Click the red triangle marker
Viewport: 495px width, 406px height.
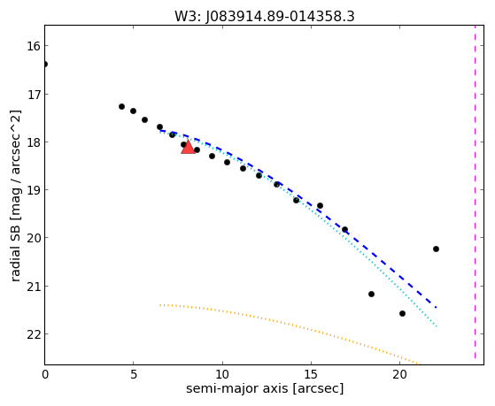click(x=188, y=147)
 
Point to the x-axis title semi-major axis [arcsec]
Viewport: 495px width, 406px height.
click(x=265, y=388)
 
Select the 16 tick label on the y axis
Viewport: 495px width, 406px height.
click(x=34, y=46)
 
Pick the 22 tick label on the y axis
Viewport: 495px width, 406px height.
click(x=34, y=334)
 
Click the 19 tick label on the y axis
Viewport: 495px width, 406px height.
click(x=34, y=190)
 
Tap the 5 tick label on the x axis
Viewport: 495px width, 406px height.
click(x=134, y=375)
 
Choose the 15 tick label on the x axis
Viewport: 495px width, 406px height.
click(x=312, y=375)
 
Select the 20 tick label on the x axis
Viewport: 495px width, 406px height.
click(x=400, y=375)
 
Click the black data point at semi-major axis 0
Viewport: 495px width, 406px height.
click(x=45, y=64)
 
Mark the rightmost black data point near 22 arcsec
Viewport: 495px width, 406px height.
click(x=436, y=249)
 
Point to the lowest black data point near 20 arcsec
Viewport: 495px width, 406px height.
click(x=402, y=313)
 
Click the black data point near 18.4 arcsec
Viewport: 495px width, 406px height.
click(x=371, y=294)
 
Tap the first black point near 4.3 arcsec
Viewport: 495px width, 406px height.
click(x=121, y=107)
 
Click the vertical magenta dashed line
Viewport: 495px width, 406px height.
click(x=475, y=192)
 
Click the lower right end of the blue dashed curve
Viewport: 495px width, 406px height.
click(x=436, y=307)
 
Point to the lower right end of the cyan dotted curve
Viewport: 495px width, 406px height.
click(x=437, y=326)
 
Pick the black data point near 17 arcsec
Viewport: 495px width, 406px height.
click(x=344, y=229)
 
